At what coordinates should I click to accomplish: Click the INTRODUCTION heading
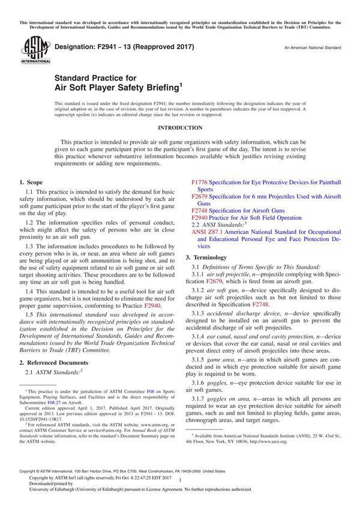tap(180, 128)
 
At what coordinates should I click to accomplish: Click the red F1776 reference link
tap(200, 182)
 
